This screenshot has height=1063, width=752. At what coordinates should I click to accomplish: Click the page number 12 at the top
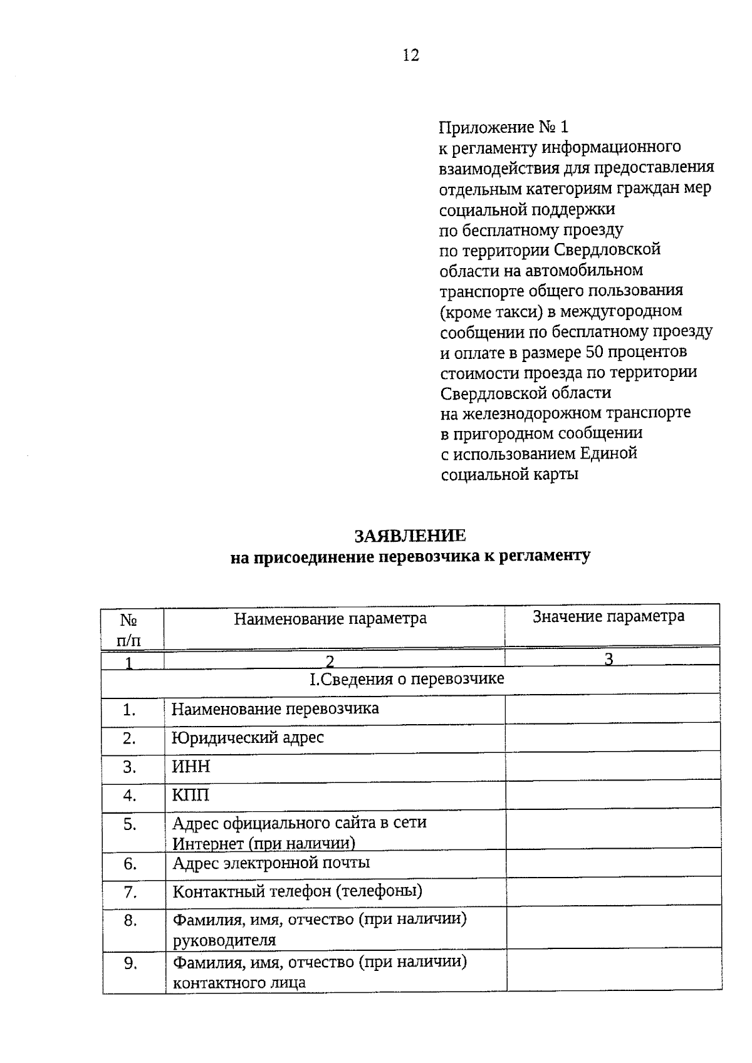410,55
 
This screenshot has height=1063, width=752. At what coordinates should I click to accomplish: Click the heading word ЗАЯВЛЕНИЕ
410,536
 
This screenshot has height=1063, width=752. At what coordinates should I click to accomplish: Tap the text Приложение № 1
503,127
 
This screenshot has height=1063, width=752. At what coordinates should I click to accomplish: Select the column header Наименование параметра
330,619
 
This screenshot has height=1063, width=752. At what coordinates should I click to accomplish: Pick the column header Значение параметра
608,616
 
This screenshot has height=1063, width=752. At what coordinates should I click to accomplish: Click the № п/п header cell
129,630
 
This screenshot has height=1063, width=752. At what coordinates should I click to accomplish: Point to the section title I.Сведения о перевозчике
407,679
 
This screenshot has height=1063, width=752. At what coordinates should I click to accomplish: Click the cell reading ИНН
191,767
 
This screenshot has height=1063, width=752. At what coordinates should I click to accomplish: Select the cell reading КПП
191,796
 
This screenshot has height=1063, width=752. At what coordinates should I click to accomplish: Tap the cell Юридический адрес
248,738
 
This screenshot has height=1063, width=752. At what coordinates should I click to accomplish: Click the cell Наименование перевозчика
275,709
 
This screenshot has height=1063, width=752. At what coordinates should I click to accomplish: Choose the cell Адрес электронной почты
271,863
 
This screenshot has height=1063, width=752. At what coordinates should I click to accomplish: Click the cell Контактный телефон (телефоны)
297,891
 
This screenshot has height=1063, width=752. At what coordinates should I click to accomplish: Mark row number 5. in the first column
130,824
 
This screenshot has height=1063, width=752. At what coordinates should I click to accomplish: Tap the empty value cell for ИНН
612,767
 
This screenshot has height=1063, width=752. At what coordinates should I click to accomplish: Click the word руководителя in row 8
224,940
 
